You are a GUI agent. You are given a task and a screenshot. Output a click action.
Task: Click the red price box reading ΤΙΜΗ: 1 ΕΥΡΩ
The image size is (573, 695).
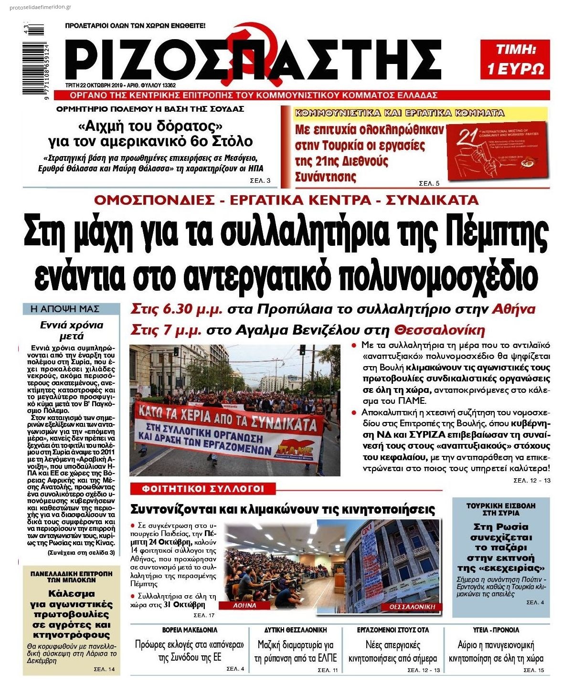515,59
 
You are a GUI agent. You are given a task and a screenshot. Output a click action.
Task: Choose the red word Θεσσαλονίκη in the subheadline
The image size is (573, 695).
439,330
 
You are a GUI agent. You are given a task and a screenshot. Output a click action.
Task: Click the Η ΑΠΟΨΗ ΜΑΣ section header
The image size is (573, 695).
71,309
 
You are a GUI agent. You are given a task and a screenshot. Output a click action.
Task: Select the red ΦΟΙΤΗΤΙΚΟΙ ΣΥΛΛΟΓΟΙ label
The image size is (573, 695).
202,489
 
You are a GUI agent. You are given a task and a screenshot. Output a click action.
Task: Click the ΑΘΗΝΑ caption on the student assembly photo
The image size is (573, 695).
245,605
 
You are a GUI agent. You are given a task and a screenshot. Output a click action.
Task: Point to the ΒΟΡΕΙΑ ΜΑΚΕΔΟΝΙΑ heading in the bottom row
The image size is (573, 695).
190,630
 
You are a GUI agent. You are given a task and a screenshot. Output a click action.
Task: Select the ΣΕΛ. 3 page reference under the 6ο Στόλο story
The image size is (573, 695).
260,180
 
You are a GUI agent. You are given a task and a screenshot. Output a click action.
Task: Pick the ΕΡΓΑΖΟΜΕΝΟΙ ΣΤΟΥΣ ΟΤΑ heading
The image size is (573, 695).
393,630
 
